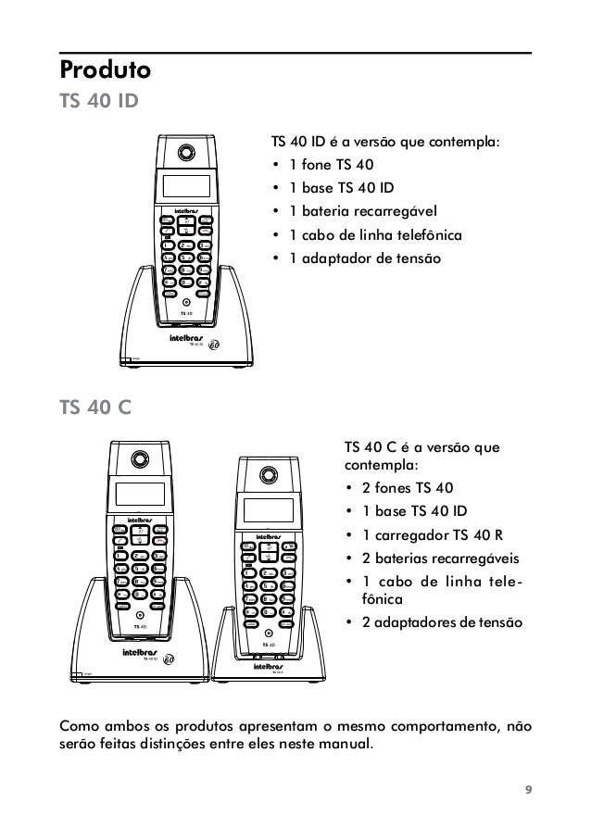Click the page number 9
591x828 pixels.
tap(528, 789)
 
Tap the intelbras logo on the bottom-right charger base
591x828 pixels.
tap(270, 664)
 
